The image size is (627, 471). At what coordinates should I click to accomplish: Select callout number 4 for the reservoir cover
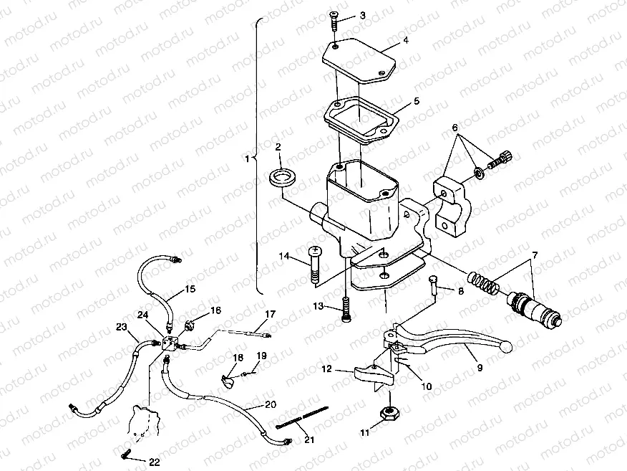click(406, 41)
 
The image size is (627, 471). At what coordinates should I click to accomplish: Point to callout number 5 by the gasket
click(416, 101)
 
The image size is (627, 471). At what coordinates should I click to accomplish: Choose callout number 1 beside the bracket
click(248, 158)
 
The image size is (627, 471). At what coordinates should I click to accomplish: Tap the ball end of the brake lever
click(506, 348)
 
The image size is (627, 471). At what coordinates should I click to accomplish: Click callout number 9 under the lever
click(479, 367)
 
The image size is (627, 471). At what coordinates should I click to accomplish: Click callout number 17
click(270, 314)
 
